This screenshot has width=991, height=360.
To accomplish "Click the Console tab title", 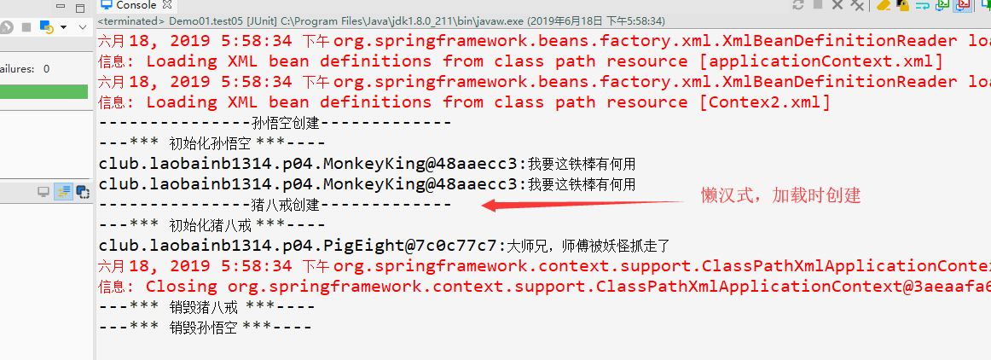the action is (136, 5).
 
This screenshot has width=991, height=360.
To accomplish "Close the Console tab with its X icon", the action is (167, 5).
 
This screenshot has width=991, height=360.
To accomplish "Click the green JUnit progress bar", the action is (43, 92).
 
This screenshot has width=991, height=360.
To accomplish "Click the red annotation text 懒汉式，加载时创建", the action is (780, 195).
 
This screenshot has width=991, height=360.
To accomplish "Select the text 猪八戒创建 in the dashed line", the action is (285, 205).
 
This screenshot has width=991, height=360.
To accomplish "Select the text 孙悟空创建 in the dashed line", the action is (285, 123).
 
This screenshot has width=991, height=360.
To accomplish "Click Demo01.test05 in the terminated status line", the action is (200, 21).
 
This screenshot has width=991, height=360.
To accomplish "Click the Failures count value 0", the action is (46, 69).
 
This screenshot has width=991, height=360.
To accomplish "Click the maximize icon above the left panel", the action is (79, 9).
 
